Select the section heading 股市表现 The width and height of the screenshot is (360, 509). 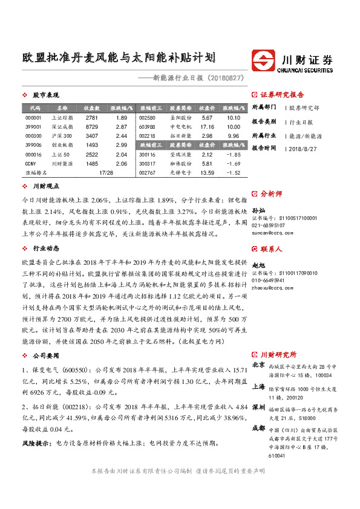point(45,96)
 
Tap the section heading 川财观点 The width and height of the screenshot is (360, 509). point(45,187)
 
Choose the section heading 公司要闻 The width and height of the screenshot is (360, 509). point(45,356)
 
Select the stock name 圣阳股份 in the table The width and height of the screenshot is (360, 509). point(181,118)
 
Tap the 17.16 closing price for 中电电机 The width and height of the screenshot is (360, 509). point(208,128)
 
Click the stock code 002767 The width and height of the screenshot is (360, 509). point(148,173)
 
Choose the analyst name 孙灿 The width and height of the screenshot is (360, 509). point(258,208)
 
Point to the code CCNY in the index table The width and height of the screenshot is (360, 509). point(31,164)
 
